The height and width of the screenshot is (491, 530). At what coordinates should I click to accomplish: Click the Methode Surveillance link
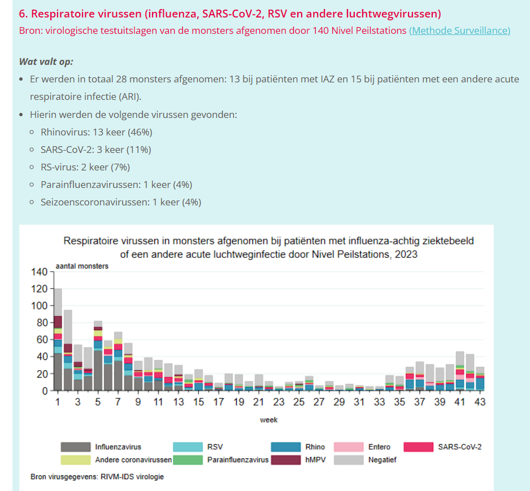click(459, 30)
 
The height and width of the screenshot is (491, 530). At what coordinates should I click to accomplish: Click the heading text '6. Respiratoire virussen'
click(230, 14)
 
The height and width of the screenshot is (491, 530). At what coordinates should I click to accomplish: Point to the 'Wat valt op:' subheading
click(46, 62)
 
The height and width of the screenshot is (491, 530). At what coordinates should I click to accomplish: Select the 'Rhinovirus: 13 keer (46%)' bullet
click(96, 133)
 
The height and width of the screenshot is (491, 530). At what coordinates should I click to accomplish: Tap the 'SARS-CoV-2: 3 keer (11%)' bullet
click(95, 150)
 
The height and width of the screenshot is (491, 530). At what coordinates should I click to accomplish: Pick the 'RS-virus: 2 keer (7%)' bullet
click(85, 167)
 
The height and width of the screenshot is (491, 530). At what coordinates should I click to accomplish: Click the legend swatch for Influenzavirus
click(75, 447)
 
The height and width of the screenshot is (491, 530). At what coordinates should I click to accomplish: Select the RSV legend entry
click(215, 447)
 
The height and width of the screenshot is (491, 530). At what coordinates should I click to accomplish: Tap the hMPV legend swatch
click(285, 459)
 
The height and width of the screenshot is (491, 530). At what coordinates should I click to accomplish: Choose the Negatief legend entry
click(382, 459)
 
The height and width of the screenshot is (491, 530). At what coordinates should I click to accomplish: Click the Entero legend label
click(379, 447)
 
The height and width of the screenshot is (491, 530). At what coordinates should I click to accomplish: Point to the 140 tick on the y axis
click(40, 272)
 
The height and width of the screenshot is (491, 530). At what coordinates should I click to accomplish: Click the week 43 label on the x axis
click(480, 402)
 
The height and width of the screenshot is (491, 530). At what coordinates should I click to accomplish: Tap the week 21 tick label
click(258, 402)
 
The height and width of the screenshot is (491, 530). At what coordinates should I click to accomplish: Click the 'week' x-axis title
click(269, 420)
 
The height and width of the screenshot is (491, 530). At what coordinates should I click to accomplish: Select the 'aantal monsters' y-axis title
click(82, 266)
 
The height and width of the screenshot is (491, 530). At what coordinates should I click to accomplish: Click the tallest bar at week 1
click(58, 339)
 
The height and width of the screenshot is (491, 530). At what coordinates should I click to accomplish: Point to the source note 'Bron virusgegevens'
click(97, 477)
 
